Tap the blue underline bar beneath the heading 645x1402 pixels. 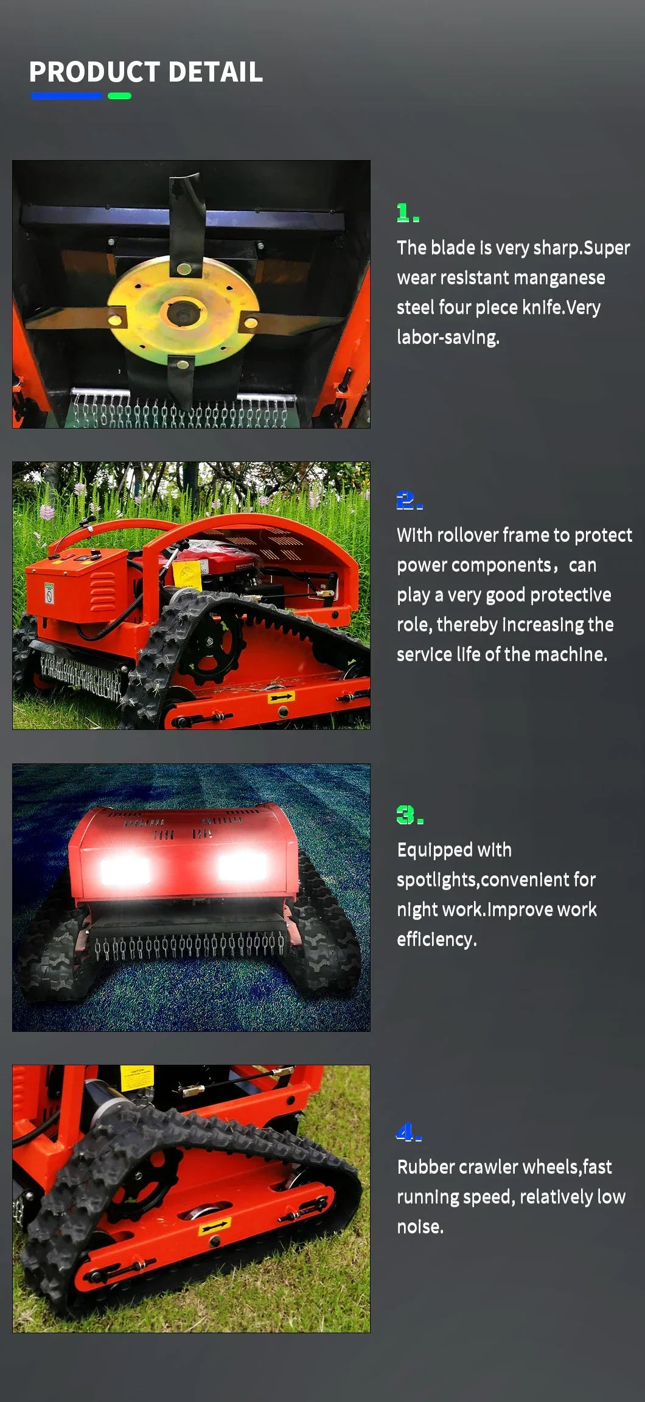click(66, 96)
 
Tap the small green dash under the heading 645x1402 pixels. click(119, 96)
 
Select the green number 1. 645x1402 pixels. click(403, 213)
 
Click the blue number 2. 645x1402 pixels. click(406, 500)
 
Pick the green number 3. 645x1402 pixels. click(406, 815)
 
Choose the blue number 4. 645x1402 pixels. click(405, 1132)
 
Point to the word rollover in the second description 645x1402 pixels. click(467, 535)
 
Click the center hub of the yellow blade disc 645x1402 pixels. click(183, 314)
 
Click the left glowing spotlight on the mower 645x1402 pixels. click(125, 867)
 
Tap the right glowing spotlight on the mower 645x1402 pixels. click(242, 866)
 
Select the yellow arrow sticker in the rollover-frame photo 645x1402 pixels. click(281, 696)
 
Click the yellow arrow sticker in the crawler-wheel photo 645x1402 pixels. click(214, 1225)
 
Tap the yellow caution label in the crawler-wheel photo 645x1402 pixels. click(136, 1076)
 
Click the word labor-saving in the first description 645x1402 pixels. click(448, 337)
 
